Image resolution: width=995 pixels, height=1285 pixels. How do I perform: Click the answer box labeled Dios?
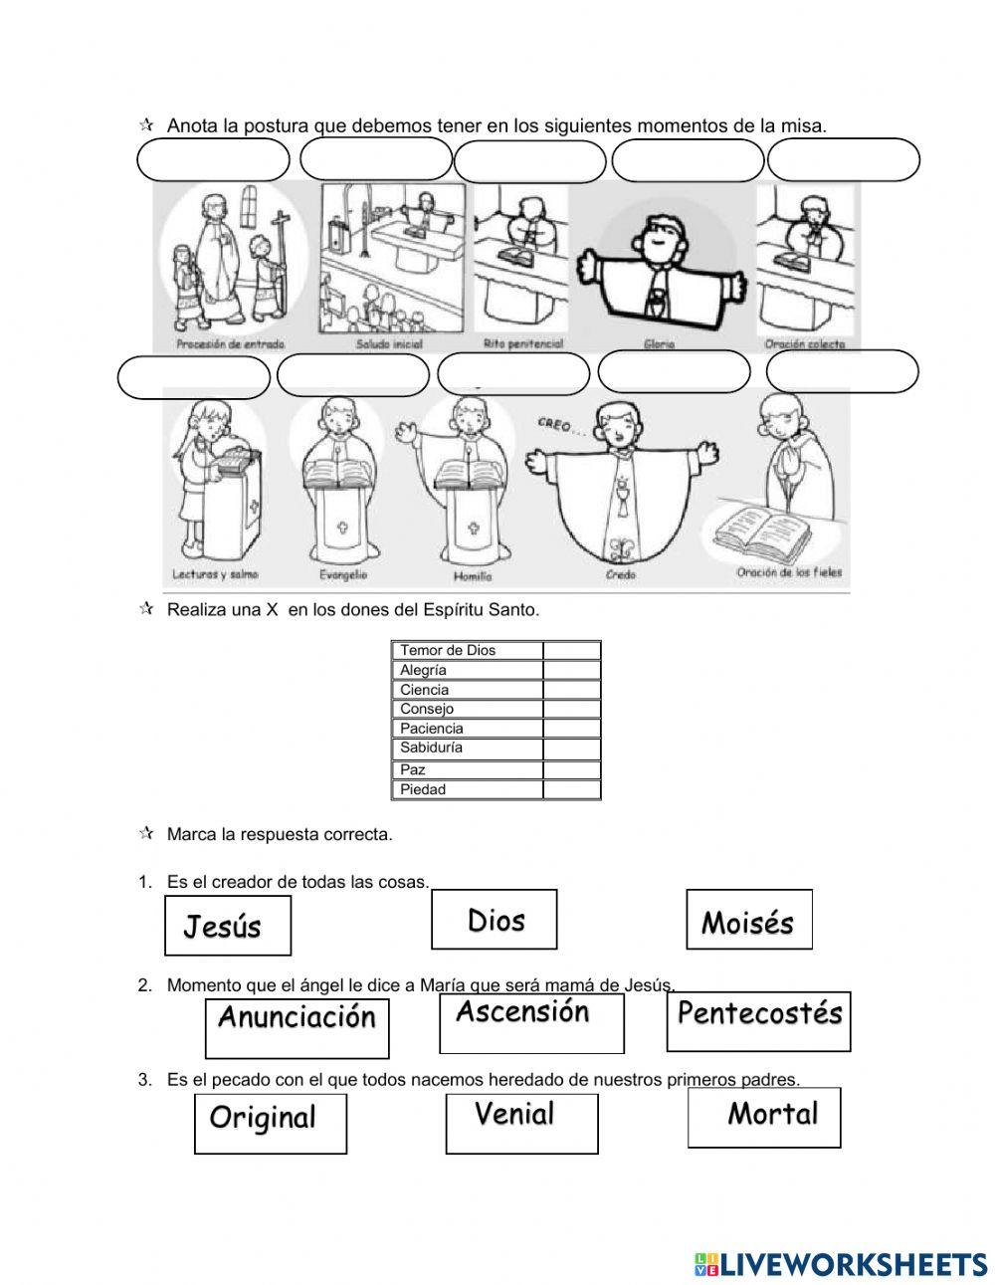(x=494, y=919)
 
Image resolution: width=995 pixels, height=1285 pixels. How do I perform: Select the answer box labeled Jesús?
(x=227, y=925)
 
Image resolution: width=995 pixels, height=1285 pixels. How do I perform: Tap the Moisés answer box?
(x=748, y=919)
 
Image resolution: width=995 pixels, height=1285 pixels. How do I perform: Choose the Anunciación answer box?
(x=297, y=1028)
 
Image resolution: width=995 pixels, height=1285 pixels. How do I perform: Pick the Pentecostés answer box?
(x=758, y=1020)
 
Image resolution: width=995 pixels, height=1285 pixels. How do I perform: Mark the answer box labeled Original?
(x=270, y=1124)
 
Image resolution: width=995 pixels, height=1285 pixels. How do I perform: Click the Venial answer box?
(x=521, y=1123)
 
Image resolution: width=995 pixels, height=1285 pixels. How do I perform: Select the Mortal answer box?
(x=763, y=1117)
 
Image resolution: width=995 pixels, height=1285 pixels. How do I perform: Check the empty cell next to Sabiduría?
(x=571, y=748)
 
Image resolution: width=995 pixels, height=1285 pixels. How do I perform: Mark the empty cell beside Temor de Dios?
(x=571, y=650)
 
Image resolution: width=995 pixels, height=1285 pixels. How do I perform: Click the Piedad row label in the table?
(x=423, y=789)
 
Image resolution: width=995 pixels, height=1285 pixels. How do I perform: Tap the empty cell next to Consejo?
(x=571, y=709)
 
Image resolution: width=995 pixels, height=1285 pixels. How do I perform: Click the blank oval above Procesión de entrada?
(x=212, y=160)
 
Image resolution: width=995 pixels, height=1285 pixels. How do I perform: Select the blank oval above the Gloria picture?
(x=687, y=160)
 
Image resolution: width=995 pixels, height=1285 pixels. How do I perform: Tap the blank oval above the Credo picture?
(x=674, y=372)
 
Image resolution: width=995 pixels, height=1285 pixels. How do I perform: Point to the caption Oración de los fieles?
(x=789, y=572)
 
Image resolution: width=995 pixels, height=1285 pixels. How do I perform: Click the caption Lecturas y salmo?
(x=216, y=575)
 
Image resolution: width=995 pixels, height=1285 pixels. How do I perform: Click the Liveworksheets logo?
(x=840, y=1264)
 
